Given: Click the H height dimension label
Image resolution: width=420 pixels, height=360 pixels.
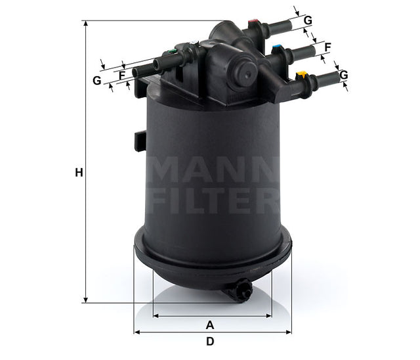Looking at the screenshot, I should coord(79,173).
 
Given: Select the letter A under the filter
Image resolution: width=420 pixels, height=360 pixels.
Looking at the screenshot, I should coord(210,325).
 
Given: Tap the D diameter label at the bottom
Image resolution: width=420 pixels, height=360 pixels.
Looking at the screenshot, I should coord(210,342).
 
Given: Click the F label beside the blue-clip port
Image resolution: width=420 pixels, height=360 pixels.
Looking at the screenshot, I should coord(327,47).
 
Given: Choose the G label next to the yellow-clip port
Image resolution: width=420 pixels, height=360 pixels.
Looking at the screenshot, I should coord(343,75).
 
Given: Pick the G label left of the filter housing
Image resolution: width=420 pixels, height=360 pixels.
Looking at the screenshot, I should coord(97,81).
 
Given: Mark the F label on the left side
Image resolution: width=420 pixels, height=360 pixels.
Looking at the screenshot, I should coord(122,75).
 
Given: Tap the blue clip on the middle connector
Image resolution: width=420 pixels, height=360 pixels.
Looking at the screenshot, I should coord(278,48).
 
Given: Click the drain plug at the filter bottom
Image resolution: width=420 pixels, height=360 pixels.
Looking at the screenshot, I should coord(238,289).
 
